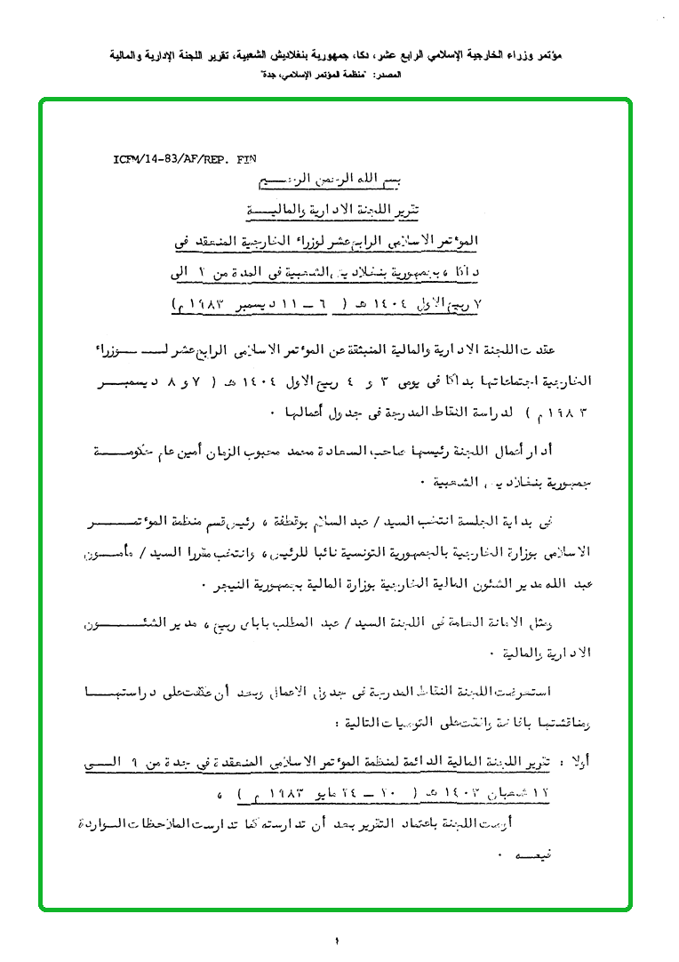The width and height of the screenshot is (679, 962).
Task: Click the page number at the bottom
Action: pyautogui.click(x=339, y=941)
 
